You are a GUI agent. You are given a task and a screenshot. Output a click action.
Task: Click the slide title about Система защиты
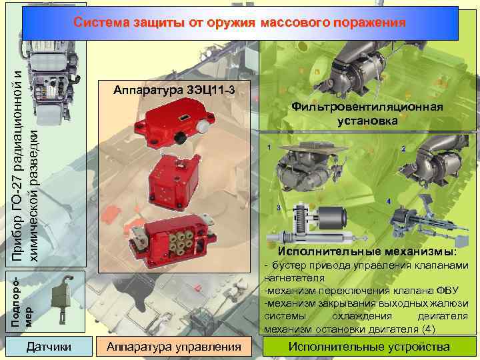pyautogui.click(x=239, y=23)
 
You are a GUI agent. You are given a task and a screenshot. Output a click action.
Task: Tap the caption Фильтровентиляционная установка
pyautogui.click(x=367, y=114)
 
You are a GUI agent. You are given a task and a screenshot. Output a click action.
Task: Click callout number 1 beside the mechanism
pyautogui.click(x=268, y=147)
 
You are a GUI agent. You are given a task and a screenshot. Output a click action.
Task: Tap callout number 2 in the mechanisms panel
pyautogui.click(x=403, y=148)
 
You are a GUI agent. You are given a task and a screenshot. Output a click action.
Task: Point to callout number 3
pyautogui.click(x=277, y=209)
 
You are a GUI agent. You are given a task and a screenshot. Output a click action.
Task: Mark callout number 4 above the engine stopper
pyautogui.click(x=389, y=201)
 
